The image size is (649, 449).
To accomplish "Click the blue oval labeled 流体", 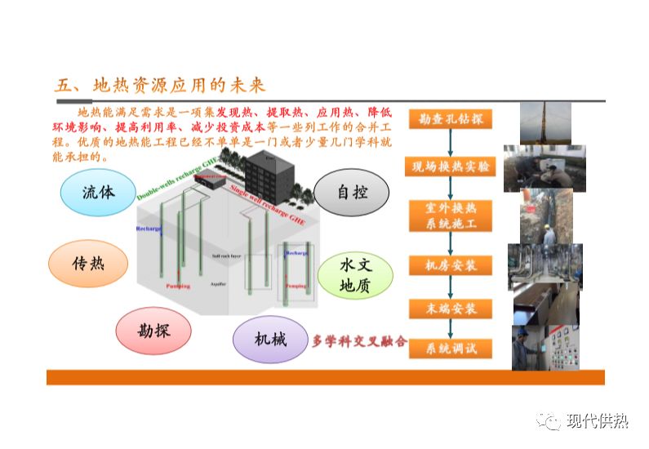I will [x=97, y=193].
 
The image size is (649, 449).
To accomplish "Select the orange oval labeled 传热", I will [x=88, y=263].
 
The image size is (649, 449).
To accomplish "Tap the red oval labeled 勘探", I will [x=153, y=330].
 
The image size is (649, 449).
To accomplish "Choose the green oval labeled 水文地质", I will [x=355, y=275].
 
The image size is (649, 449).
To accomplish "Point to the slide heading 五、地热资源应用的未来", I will [x=160, y=86].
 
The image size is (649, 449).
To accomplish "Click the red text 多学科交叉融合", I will [x=360, y=341].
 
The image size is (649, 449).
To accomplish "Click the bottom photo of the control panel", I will [x=545, y=348].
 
